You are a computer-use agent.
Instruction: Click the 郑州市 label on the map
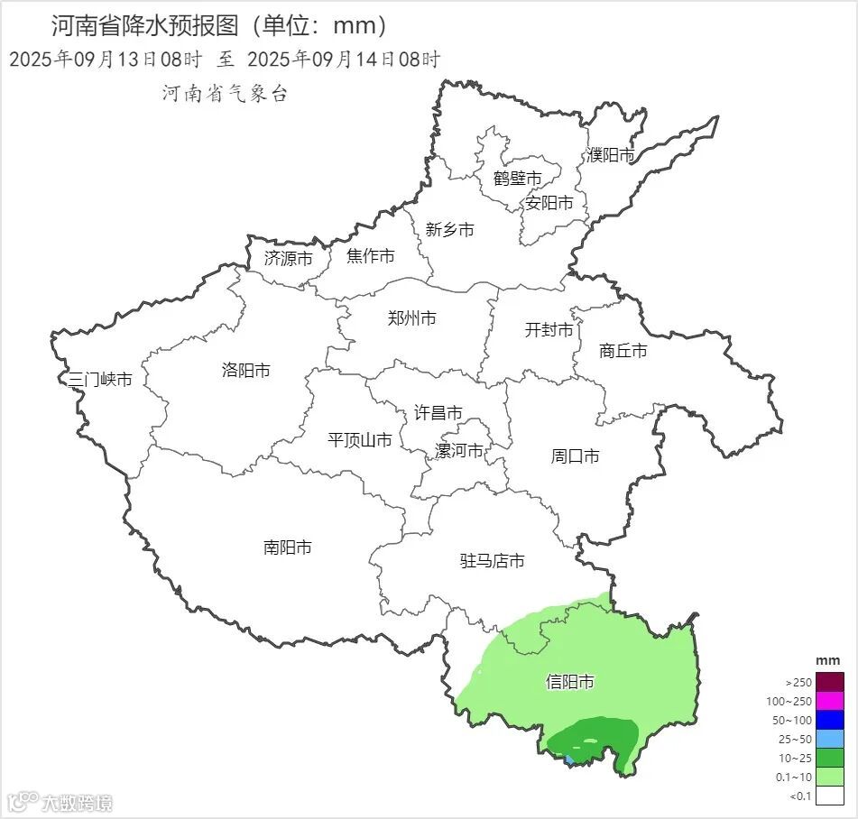point(411,318)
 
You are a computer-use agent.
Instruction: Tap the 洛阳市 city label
point(245,371)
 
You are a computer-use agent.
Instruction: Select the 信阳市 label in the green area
point(570,682)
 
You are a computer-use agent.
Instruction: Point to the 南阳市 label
point(288,548)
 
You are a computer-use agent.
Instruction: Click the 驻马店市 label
point(493,561)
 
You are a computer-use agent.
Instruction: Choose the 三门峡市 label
point(100,380)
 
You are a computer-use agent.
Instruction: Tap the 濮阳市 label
point(611,155)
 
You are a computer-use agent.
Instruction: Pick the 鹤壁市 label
point(517,179)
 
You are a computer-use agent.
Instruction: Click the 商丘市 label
point(623,351)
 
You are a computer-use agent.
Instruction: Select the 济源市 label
point(289,258)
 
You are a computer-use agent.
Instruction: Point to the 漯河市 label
point(459,451)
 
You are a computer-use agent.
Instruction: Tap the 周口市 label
point(576,456)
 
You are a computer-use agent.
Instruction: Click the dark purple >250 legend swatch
point(831,682)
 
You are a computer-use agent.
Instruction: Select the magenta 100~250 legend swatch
point(831,701)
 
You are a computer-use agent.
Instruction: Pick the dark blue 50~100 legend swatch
point(831,720)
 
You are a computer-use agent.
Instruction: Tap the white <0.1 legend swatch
point(831,796)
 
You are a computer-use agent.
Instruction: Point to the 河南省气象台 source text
point(225,93)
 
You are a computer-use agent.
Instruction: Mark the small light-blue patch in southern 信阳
point(568,760)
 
